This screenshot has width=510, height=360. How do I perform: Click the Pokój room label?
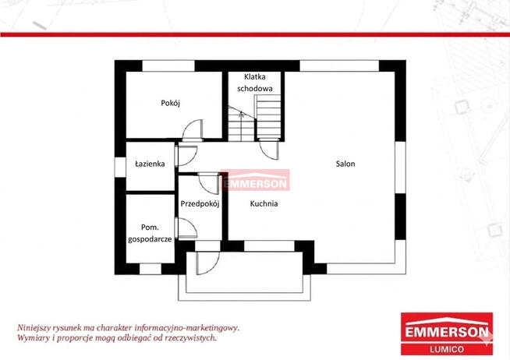click(171, 104)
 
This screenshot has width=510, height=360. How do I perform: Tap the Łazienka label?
click(150, 164)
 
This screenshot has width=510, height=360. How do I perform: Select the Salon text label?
click(345, 164)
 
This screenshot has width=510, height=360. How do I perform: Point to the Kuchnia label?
click(264, 203)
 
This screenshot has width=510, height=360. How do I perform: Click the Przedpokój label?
click(200, 203)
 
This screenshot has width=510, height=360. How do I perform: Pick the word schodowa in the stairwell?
click(255, 88)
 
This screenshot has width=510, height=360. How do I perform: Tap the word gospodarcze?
click(150, 239)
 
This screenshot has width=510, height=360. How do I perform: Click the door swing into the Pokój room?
click(193, 130)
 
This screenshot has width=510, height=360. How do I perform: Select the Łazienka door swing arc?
click(186, 156)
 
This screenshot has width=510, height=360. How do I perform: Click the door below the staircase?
click(269, 149)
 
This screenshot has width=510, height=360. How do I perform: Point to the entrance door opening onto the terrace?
click(207, 263)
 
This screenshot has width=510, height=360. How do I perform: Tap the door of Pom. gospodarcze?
click(186, 228)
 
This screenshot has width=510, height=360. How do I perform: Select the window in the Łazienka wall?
click(120, 168)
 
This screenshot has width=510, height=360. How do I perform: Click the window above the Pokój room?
click(168, 65)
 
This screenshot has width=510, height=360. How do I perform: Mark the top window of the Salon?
click(339, 65)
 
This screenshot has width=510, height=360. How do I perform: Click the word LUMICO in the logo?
click(447, 350)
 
